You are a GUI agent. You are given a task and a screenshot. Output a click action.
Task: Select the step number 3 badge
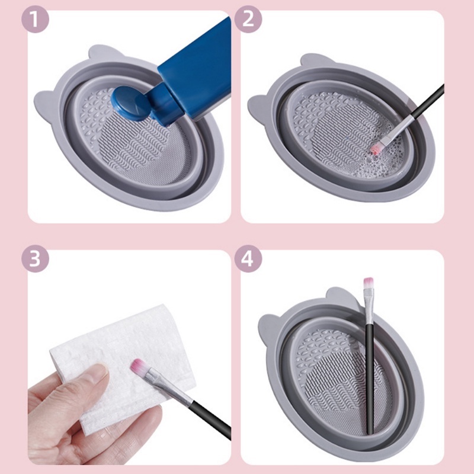pyautogui.click(x=36, y=260)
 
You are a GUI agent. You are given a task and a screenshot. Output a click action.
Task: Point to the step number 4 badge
pyautogui.click(x=248, y=260)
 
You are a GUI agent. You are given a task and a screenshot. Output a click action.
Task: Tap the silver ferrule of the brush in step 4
pyautogui.click(x=369, y=308)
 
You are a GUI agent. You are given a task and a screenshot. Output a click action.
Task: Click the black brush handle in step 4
pyautogui.click(x=370, y=379)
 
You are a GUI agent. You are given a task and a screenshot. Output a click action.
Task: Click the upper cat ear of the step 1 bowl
pyautogui.click(x=100, y=55)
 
